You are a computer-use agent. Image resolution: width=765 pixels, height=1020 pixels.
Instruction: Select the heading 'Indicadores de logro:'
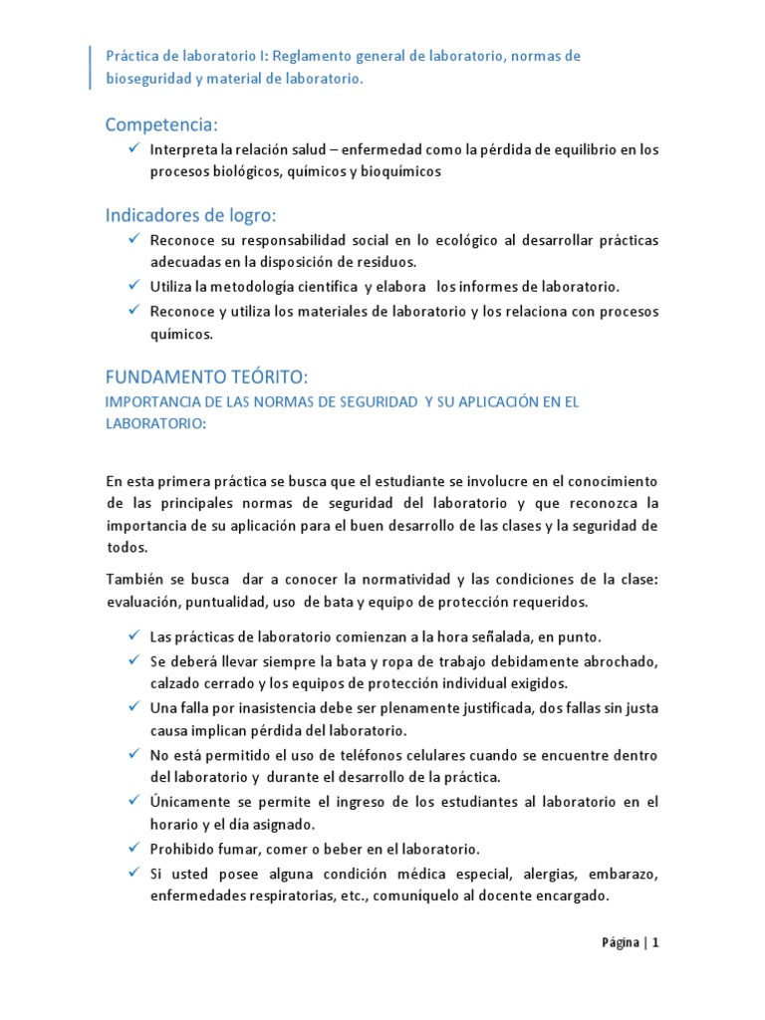tap(191, 216)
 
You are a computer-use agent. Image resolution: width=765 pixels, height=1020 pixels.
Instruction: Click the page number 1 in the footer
tap(656, 943)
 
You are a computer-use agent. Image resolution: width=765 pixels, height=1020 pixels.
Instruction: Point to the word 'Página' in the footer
tap(621, 943)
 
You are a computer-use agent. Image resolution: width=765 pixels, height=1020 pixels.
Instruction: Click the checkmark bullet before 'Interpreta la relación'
tap(133, 148)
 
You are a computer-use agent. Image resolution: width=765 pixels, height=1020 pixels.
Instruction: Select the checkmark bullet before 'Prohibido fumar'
tap(133, 848)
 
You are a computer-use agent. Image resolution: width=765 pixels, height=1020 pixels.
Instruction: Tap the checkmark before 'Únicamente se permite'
tap(133, 801)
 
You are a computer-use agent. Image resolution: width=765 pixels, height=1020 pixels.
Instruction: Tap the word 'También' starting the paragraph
tap(133, 580)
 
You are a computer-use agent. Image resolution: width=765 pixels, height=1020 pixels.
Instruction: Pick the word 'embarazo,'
tap(623, 874)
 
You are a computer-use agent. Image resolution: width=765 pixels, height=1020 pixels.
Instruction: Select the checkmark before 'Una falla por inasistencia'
tap(133, 706)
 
